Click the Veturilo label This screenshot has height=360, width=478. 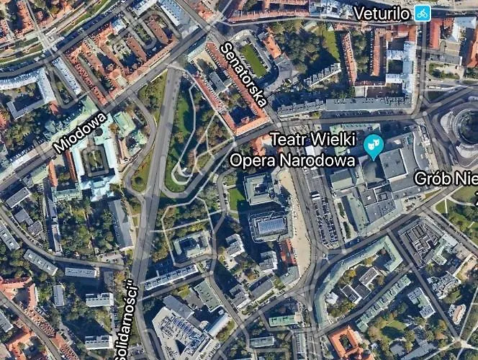[x=382, y=13]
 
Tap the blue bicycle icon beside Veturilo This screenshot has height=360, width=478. [x=422, y=12]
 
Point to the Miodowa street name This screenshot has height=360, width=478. [x=80, y=132]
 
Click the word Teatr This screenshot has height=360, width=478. [x=292, y=139]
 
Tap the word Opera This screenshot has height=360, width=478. [x=252, y=159]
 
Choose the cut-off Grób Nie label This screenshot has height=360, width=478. [x=446, y=178]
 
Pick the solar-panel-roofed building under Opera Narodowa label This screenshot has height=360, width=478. [x=269, y=225]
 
